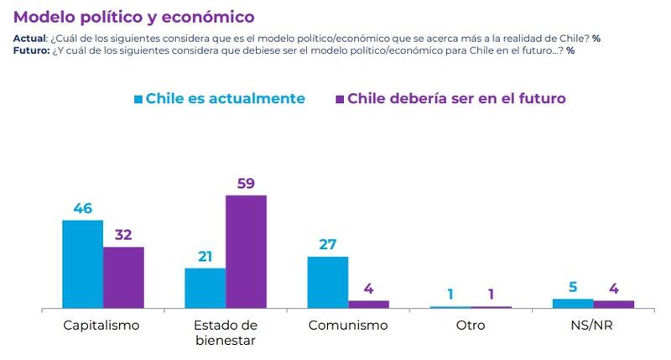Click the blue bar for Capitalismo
83,264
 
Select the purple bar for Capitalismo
123,278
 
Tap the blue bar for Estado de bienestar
205,288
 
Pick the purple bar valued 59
246,252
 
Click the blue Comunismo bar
327,282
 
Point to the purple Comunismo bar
368,304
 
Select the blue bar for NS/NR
572,303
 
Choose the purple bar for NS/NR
613,304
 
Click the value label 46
83,206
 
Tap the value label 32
123,233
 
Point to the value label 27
327,243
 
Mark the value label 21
205,255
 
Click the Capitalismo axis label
102,325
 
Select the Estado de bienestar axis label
225,331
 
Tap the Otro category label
470,325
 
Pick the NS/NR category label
592,325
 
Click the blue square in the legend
138,98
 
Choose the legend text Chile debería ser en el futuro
456,98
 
